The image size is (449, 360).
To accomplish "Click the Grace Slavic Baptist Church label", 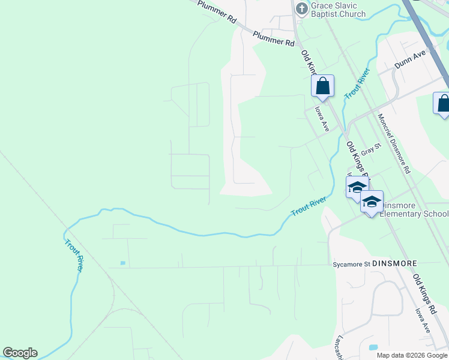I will pyautogui.click(x=338, y=10).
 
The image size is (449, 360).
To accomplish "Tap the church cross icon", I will pyautogui.click(x=302, y=7).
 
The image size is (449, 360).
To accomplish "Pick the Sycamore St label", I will pyautogui.click(x=349, y=263).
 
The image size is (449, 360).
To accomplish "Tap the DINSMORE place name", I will pyautogui.click(x=394, y=263).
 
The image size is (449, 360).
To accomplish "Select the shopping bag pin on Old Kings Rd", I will pyautogui.click(x=322, y=86).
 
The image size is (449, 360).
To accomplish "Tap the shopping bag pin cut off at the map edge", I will pyautogui.click(x=443, y=103).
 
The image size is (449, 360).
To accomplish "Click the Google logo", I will pyautogui.click(x=20, y=353).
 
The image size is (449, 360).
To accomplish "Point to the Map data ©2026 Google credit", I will pyautogui.click(x=411, y=355).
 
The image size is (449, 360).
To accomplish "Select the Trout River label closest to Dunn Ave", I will pyautogui.click(x=357, y=84).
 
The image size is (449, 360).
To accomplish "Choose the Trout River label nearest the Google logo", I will pyautogui.click(x=74, y=256).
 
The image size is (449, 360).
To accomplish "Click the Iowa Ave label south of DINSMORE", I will pyautogui.click(x=423, y=321).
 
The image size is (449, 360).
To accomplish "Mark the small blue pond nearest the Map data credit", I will pyautogui.click(x=373, y=347).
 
